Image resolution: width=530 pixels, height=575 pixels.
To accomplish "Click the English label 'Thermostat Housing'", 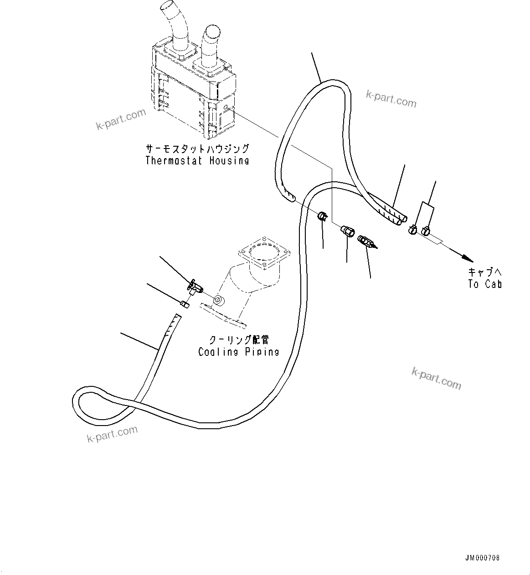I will point(197,160).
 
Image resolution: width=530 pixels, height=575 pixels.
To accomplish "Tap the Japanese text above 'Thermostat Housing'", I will point(197,149).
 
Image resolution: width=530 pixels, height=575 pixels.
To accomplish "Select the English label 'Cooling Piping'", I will point(238,352).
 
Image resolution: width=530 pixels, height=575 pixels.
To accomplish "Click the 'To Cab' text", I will point(484,284).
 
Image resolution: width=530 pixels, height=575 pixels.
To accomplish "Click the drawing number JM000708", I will point(483,558).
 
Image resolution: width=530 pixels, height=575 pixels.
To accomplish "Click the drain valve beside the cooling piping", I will point(195,287).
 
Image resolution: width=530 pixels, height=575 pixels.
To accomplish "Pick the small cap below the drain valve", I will point(185,304).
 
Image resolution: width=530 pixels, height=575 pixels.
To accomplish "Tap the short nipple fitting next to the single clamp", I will point(348,231).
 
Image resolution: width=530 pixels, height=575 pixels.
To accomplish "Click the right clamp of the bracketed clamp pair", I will point(426,231).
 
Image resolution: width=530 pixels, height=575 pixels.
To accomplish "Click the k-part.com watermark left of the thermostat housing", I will point(121,119).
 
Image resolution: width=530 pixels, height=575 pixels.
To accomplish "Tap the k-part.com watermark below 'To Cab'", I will point(436,378).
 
